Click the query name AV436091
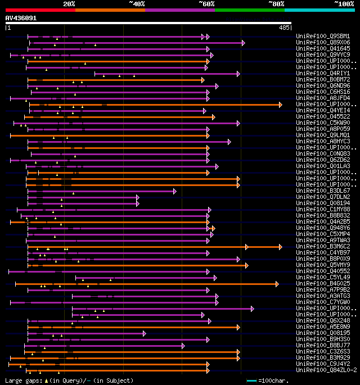(x=21, y=18)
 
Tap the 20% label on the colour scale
(x=69, y=4)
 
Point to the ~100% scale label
(x=344, y=4)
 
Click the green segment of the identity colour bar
(x=249, y=10)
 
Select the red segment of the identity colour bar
(x=40, y=10)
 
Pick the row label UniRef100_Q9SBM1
(x=323, y=37)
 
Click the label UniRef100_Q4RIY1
(x=323, y=74)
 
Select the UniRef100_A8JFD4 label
(x=323, y=98)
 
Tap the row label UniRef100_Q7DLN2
(x=323, y=197)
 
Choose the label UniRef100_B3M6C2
(x=323, y=246)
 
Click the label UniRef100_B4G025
(x=323, y=283)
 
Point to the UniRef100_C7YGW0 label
(x=323, y=302)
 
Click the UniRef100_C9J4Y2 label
(x=323, y=364)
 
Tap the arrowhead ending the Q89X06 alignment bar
(x=244, y=43)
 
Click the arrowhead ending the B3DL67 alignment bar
(x=175, y=191)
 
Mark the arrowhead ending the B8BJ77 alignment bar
(x=183, y=345)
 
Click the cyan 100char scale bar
(x=251, y=381)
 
